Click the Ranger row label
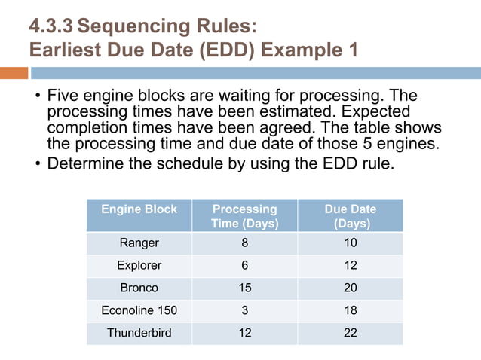(x=139, y=243)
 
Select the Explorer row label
(x=139, y=265)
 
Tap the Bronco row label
(x=139, y=288)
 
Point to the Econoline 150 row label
(x=139, y=310)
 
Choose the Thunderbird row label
(x=139, y=332)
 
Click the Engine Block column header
(x=139, y=209)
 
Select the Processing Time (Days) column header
(x=244, y=215)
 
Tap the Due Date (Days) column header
(x=350, y=215)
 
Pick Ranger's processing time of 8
(x=244, y=243)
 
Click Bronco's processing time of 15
(x=244, y=288)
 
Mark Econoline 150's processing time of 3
(x=244, y=310)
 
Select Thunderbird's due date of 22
(x=350, y=332)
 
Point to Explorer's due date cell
(x=350, y=265)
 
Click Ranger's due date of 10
(x=350, y=243)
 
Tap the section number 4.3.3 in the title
(x=51, y=27)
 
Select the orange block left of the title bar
(x=14, y=73)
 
